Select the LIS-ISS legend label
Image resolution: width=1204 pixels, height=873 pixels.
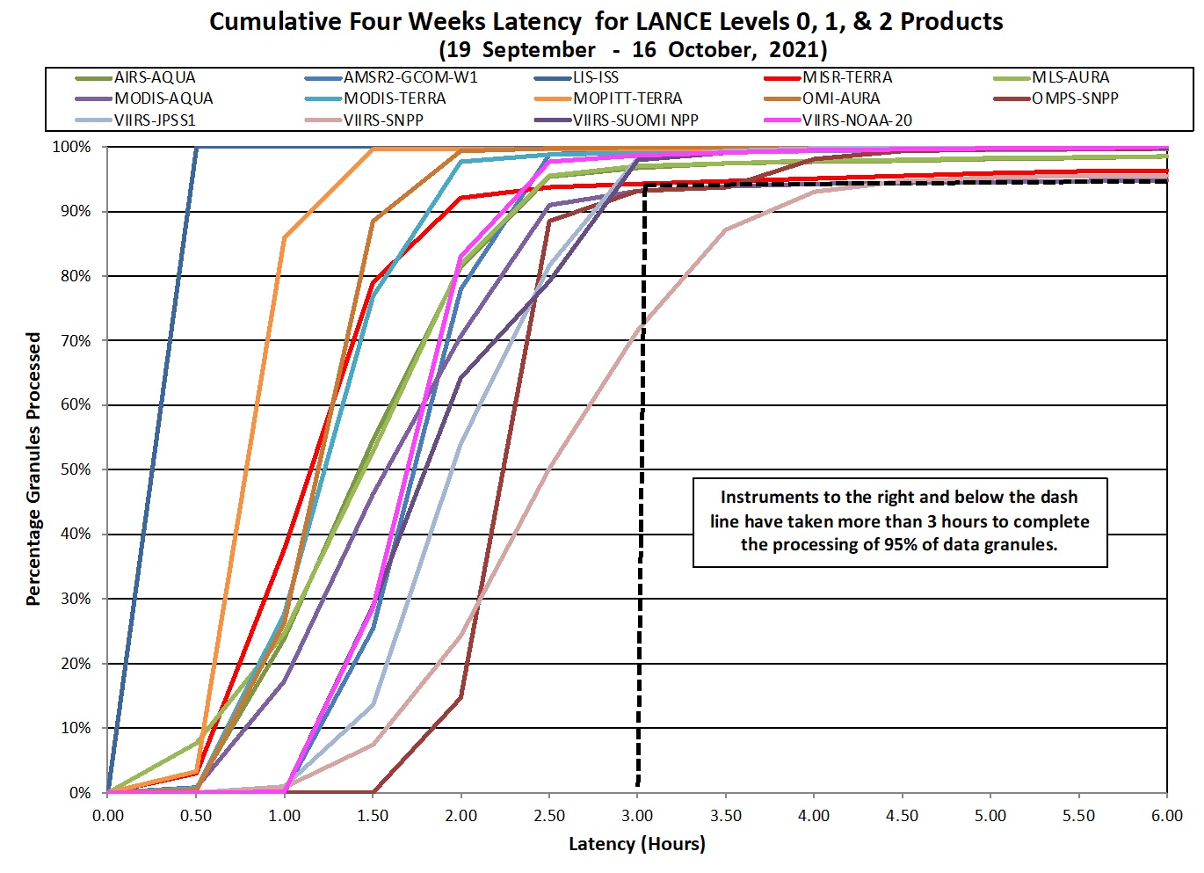pyautogui.click(x=595, y=77)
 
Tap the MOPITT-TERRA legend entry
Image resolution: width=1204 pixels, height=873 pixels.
pyautogui.click(x=627, y=98)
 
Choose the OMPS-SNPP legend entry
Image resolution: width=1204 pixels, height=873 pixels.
pyautogui.click(x=1074, y=98)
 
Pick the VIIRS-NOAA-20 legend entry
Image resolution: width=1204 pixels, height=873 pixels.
pyautogui.click(x=856, y=120)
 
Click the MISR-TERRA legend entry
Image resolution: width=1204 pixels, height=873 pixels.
pyautogui.click(x=846, y=77)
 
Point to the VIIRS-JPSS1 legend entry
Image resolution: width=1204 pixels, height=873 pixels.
pyautogui.click(x=155, y=120)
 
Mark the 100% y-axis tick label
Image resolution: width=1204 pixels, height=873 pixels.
pyautogui.click(x=71, y=147)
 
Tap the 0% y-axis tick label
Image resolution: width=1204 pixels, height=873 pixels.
pyautogui.click(x=80, y=793)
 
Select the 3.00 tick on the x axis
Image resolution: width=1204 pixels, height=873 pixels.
pyautogui.click(x=637, y=815)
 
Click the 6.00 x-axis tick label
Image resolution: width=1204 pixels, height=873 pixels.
pyautogui.click(x=1167, y=815)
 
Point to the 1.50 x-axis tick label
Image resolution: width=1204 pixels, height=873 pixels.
pyautogui.click(x=373, y=815)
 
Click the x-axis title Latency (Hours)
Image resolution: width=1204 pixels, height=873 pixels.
pyautogui.click(x=636, y=844)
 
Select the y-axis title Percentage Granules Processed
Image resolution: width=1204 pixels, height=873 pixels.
pyautogui.click(x=33, y=469)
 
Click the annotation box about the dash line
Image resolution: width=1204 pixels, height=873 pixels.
pyautogui.click(x=899, y=521)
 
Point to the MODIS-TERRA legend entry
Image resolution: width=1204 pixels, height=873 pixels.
pyautogui.click(x=394, y=98)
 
